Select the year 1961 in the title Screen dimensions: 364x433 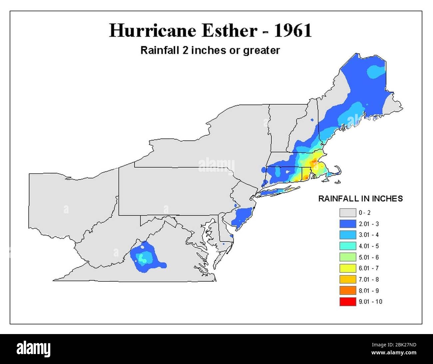[293, 31]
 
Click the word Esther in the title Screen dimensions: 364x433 [229, 31]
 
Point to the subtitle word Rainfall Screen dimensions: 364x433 [160, 50]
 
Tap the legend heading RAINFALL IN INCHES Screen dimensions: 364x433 [360, 199]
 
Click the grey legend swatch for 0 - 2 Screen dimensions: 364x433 [347, 213]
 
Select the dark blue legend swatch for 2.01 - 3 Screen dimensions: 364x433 [347, 224]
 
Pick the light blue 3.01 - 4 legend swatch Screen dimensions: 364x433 [347, 235]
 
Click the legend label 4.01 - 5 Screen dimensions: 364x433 [368, 246]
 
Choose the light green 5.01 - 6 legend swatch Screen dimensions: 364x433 [347, 257]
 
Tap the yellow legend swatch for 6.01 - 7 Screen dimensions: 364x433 [347, 268]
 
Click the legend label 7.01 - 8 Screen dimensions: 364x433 [368, 279]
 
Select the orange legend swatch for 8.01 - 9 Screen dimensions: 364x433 [347, 290]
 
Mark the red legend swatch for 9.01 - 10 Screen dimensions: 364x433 [347, 302]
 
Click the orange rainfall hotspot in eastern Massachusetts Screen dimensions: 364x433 [314, 163]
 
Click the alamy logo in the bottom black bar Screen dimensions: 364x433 [34, 349]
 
